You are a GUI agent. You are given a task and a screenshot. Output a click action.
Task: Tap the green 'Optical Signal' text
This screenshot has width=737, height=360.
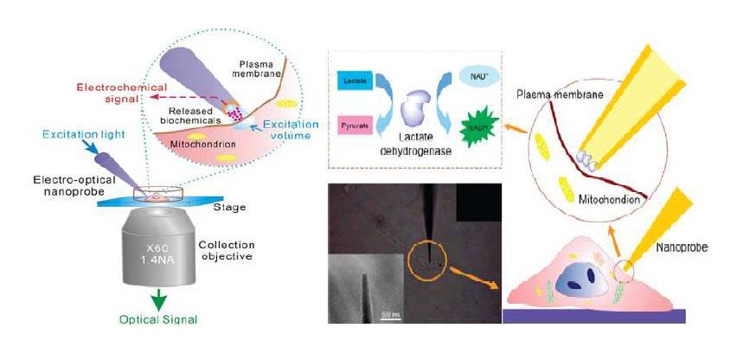(x=160, y=318)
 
